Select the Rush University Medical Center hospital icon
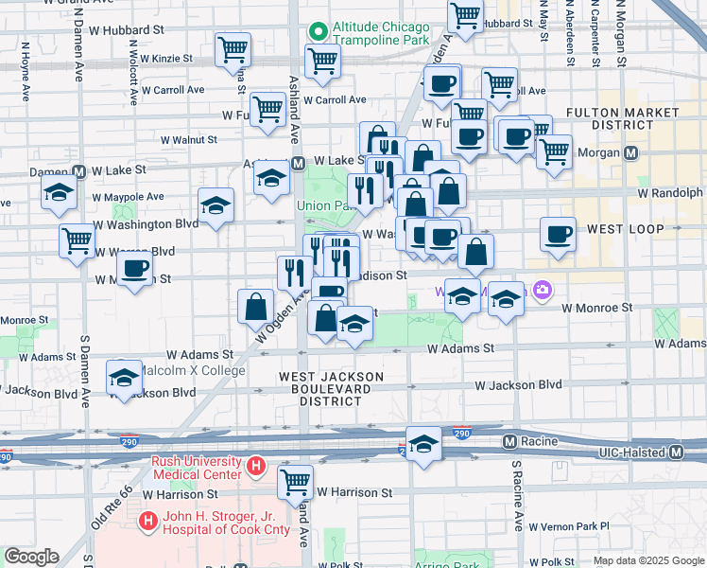[x=255, y=466]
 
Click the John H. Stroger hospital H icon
[x=147, y=520]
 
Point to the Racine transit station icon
[x=509, y=441]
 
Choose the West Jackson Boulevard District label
[x=330, y=389]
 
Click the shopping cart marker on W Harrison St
[x=295, y=481]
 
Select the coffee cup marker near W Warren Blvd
[x=135, y=268]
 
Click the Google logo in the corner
[x=31, y=557]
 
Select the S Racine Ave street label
[x=517, y=497]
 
